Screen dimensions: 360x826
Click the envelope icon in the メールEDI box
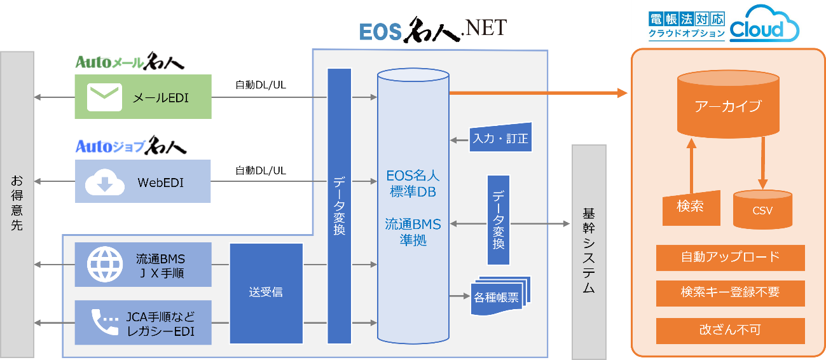tap(104, 97)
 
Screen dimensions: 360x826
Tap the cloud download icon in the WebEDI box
tap(104, 182)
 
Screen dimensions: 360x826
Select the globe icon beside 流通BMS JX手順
tap(104, 265)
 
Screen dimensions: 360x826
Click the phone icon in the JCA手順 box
tap(104, 323)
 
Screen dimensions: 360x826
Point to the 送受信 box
tap(266, 293)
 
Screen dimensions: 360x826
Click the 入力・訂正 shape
tap(500, 138)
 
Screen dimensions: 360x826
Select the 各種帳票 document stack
tap(500, 293)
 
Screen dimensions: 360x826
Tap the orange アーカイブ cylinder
tap(727, 105)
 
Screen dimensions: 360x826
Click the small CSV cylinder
tap(762, 210)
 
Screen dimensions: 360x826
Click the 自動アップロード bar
tap(730, 258)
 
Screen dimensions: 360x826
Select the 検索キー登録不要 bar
tap(730, 293)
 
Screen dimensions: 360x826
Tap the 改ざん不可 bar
tap(730, 330)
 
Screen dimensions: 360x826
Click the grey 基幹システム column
tap(588, 252)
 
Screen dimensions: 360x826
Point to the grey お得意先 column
tap(17, 204)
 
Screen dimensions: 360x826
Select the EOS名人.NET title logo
tap(432, 29)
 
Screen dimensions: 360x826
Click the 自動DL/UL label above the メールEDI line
tap(261, 85)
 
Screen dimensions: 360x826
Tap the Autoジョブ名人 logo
tap(130, 146)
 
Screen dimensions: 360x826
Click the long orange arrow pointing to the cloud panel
tap(537, 93)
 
